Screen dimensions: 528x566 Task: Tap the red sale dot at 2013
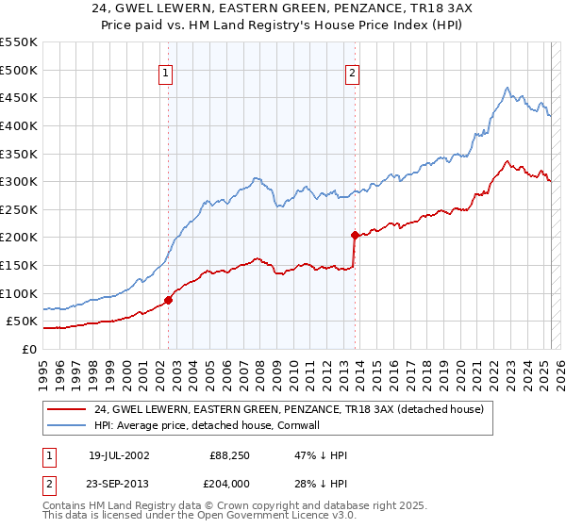[x=355, y=235]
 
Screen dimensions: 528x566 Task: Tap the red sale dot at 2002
[x=169, y=300]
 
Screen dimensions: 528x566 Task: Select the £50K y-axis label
[x=22, y=322]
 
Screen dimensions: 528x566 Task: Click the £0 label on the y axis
[x=28, y=349]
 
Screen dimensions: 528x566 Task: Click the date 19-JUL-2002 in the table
[x=119, y=455]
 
